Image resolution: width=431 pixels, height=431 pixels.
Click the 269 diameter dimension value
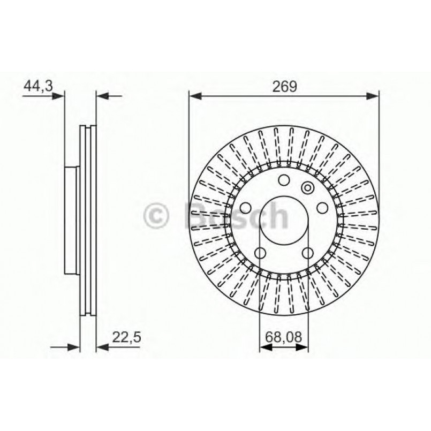tap(284, 86)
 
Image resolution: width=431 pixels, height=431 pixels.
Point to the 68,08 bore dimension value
tap(284, 337)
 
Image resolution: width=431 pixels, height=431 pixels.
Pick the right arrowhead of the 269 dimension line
tap(373, 96)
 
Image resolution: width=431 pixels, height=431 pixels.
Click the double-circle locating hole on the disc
tap(307, 187)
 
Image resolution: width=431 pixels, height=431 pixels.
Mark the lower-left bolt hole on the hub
tap(260, 253)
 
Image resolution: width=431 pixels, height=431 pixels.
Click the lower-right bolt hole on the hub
tap(307, 253)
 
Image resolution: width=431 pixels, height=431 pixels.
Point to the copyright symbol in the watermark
tap(157, 216)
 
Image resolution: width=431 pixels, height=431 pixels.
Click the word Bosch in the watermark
tap(236, 215)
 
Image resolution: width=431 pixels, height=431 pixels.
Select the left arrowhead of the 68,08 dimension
tap(264, 347)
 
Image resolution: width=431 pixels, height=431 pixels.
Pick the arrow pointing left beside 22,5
tap(102, 347)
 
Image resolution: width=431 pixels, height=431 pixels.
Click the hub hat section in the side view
tap(72, 220)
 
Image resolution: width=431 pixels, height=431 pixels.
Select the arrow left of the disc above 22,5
tap(73, 347)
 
